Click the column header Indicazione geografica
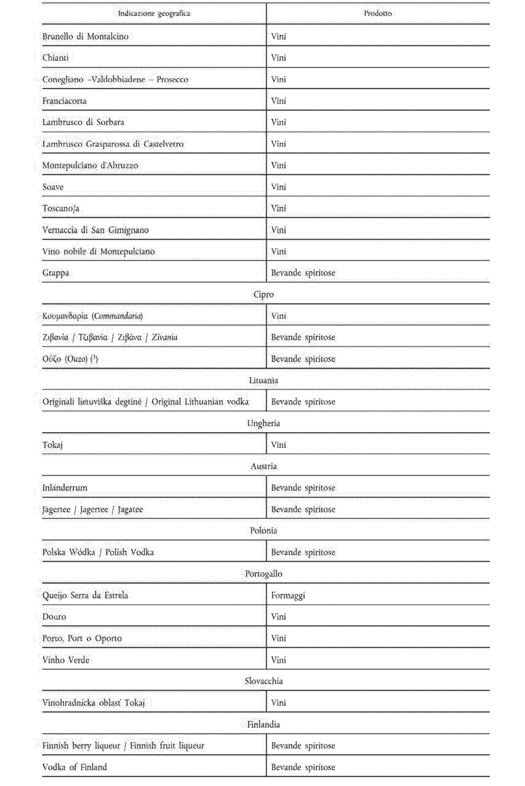pyautogui.click(x=154, y=14)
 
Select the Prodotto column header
pyautogui.click(x=378, y=14)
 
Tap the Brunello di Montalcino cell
pyautogui.click(x=85, y=36)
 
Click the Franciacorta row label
pyautogui.click(x=64, y=101)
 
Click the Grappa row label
pyautogui.click(x=56, y=273)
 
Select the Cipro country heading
pyautogui.click(x=263, y=295)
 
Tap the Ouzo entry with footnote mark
pyautogui.click(x=70, y=359)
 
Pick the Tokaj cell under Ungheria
pyautogui.click(x=52, y=445)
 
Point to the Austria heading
pyautogui.click(x=264, y=466)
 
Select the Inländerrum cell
pyautogui.click(x=65, y=488)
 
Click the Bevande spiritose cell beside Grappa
pyautogui.click(x=303, y=273)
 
